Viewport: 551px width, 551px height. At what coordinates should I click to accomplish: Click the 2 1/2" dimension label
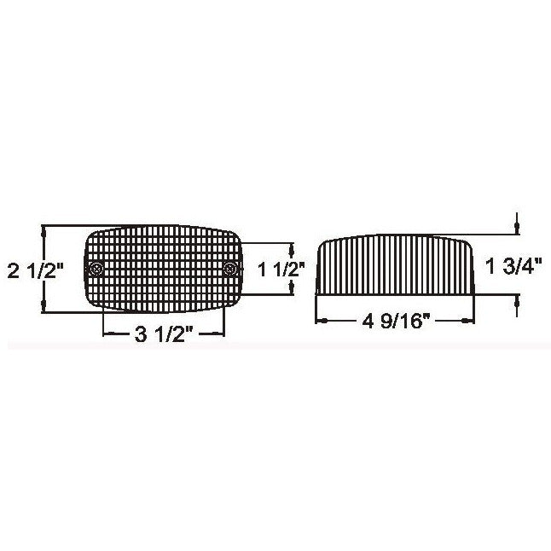[35, 271]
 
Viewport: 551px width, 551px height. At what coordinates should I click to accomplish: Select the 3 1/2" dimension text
[164, 334]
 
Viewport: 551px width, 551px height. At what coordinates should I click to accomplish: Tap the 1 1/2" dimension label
[281, 270]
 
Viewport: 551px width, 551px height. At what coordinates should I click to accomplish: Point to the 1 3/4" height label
[514, 266]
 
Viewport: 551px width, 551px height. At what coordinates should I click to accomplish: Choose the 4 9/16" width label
[396, 321]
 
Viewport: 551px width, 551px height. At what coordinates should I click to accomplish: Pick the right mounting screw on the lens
[229, 270]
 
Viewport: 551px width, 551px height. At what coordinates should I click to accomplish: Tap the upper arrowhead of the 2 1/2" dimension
[43, 232]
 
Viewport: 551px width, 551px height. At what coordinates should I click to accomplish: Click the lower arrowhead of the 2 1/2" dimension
[43, 305]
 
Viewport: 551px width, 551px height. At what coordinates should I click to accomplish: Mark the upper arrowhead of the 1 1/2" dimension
[292, 250]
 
